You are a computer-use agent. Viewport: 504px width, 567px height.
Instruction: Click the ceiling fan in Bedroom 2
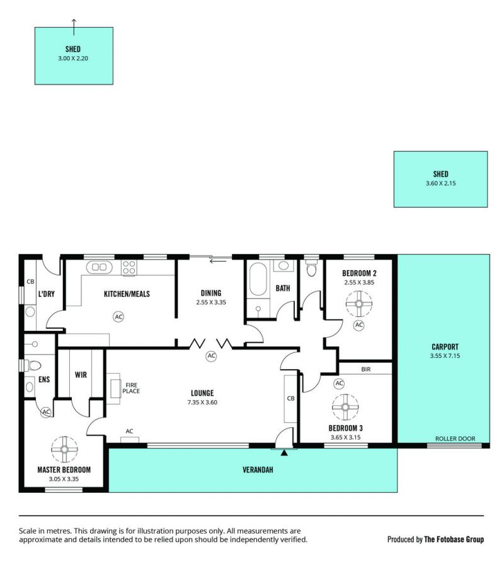(358, 304)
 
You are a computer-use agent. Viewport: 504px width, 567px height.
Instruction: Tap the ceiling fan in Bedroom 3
(345, 407)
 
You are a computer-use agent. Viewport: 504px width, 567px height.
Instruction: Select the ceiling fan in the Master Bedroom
(64, 449)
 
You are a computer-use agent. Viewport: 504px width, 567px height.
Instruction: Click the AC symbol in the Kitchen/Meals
(118, 317)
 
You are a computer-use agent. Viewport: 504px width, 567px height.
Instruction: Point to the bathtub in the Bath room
(258, 279)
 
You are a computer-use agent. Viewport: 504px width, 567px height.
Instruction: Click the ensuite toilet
(32, 365)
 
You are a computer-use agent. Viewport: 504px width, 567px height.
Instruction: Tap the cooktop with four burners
(129, 268)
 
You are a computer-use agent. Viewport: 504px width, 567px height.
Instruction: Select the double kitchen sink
(100, 267)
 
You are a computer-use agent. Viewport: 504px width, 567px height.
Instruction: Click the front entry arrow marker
(284, 452)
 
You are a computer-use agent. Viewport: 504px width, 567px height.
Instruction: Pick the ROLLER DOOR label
(455, 438)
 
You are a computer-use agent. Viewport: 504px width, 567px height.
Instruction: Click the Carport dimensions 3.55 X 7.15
(445, 356)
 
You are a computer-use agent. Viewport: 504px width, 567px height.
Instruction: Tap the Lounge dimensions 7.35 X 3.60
(202, 402)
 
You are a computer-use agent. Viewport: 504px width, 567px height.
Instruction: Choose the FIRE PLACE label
(131, 388)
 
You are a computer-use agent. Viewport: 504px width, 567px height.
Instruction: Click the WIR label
(81, 375)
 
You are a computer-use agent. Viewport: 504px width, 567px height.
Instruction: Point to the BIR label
(366, 369)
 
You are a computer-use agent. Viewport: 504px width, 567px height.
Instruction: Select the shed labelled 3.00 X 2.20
(74, 56)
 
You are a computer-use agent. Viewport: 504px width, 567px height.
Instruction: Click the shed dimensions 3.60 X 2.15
(441, 183)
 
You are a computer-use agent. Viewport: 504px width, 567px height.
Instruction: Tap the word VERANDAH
(258, 470)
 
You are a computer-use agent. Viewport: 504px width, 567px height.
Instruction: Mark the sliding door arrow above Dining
(218, 261)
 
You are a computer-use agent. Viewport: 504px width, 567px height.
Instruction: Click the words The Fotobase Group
(454, 539)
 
